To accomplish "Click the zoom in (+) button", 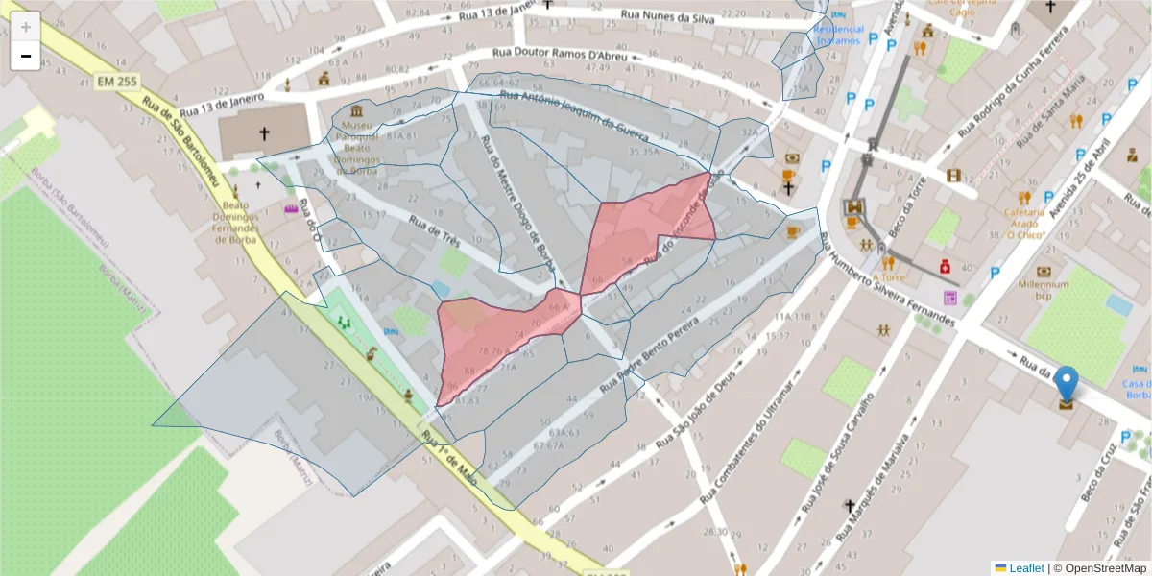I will (x=25, y=26).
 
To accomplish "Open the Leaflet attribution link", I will (x=1025, y=568).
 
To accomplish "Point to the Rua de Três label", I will (x=435, y=231).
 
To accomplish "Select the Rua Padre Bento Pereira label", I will (x=662, y=347).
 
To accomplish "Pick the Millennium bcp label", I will (x=1044, y=291).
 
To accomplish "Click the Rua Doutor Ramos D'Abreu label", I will (x=559, y=54).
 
